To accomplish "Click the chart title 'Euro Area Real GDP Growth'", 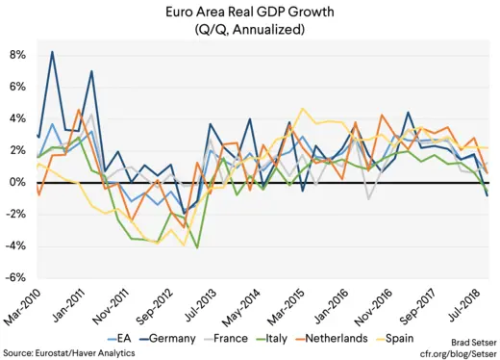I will (249, 12).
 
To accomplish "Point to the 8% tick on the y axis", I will (16, 55).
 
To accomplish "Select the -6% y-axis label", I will (15, 278).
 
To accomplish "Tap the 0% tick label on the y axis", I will (16, 182).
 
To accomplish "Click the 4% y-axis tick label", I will (16, 118).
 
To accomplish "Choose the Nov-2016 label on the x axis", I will (386, 306).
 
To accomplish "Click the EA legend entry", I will (114, 339).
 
